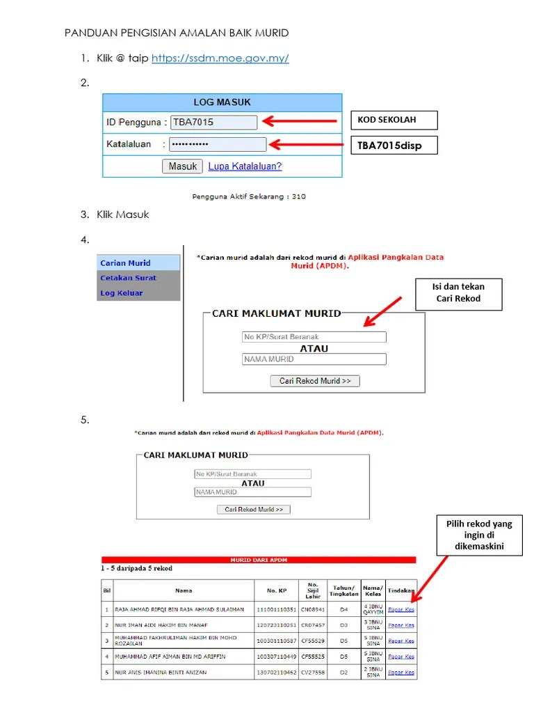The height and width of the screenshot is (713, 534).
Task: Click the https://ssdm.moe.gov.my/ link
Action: click(x=220, y=58)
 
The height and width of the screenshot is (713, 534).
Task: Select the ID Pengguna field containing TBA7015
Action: click(x=214, y=123)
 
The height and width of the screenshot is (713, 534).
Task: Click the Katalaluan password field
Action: click(x=218, y=145)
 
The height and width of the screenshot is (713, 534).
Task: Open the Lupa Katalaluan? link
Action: click(x=245, y=166)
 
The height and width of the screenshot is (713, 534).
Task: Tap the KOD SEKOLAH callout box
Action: click(x=394, y=120)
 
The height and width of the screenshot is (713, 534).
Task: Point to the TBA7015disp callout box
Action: click(x=394, y=146)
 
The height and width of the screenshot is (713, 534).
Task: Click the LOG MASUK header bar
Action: click(x=222, y=102)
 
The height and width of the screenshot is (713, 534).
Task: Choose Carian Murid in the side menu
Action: click(x=126, y=263)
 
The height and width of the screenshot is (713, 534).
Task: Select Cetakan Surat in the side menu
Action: click(x=128, y=278)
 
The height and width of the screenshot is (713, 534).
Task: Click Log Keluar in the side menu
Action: click(x=122, y=293)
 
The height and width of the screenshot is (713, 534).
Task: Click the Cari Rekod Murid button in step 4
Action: click(x=315, y=381)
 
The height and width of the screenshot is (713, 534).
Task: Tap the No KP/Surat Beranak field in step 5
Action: click(x=252, y=474)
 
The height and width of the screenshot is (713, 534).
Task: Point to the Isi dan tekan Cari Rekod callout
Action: click(x=458, y=292)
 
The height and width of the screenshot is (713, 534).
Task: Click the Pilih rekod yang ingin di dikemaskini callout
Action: click(x=478, y=535)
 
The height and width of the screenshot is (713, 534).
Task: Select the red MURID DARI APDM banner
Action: click(x=259, y=559)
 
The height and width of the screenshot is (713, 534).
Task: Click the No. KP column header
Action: click(x=276, y=590)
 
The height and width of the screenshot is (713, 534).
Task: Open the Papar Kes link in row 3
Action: click(x=401, y=641)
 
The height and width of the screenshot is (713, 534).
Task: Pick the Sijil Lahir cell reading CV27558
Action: click(x=313, y=673)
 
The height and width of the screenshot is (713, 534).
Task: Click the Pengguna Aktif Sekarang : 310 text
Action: click(x=249, y=196)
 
